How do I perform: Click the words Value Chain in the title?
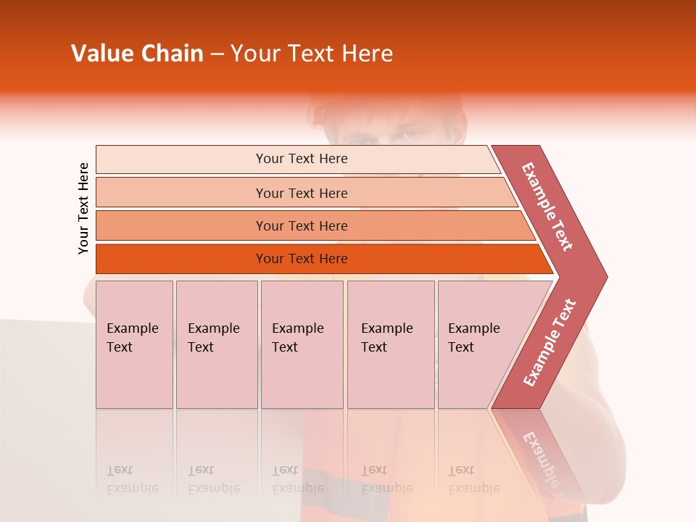point(137,54)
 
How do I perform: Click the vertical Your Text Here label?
point(83,208)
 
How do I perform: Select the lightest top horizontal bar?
point(181,159)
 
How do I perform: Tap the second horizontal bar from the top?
point(181,193)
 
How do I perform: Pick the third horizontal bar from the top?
point(181,225)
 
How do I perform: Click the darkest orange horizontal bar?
point(181,259)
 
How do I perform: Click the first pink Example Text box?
point(134,344)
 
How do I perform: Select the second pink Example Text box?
point(217,344)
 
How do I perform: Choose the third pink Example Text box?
point(302,344)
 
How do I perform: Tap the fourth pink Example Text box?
point(391,344)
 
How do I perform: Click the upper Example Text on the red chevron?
point(547,207)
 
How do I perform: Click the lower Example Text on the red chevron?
point(550,343)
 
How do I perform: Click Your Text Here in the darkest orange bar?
point(302,259)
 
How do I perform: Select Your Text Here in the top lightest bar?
point(302,159)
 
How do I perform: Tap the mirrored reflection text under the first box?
point(132,479)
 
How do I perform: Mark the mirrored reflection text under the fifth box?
point(473,479)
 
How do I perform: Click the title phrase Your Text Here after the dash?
point(312,54)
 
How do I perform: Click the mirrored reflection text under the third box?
point(297,479)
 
